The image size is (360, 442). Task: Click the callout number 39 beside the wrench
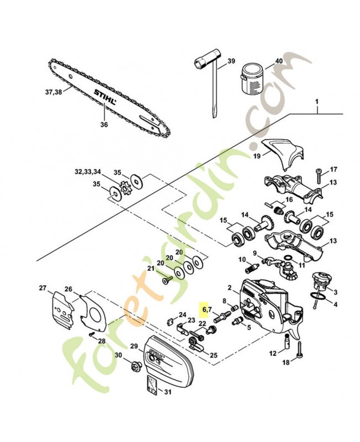231,61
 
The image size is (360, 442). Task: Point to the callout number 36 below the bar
104,124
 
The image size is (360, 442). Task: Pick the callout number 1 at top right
317,102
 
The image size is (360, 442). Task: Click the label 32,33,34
88,172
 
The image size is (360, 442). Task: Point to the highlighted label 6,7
206,309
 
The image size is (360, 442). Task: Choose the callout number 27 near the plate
43,287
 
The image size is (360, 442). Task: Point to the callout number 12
273,354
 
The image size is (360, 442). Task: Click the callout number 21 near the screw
150,269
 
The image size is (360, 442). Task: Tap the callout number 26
68,289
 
